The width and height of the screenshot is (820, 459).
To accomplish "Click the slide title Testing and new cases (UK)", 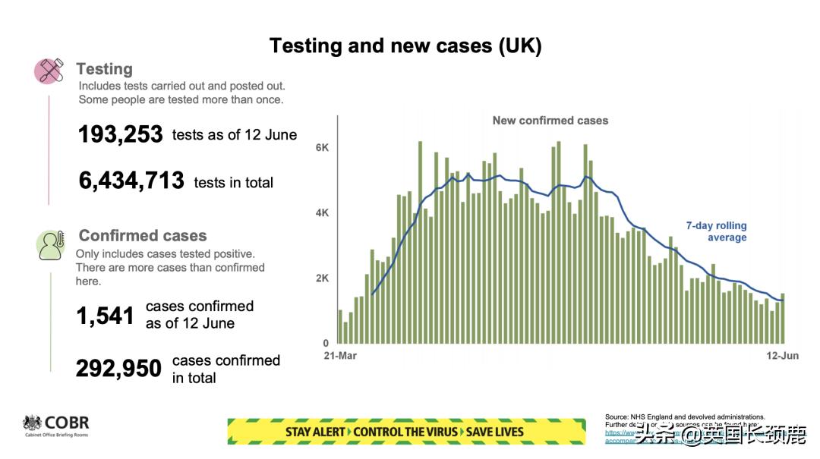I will click(x=405, y=46).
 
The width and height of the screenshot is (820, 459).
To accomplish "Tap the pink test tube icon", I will click(x=49, y=71).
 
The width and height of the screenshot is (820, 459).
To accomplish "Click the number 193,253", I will click(x=121, y=135).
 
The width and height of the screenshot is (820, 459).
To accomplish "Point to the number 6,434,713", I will click(x=131, y=181).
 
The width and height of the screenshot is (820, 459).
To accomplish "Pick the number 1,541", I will click(x=105, y=316).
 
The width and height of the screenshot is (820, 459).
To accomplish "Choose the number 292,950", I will click(x=118, y=369).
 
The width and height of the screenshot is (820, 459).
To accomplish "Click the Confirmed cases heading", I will click(x=143, y=236).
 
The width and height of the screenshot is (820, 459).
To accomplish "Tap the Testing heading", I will click(x=104, y=69).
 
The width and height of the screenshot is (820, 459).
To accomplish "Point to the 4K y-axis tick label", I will click(x=322, y=213).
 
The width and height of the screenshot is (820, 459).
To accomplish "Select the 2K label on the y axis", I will click(x=322, y=278).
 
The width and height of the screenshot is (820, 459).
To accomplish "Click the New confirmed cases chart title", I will click(x=550, y=121).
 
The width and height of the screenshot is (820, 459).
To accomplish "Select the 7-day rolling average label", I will click(x=716, y=231).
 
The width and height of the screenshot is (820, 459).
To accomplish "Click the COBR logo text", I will click(x=67, y=423).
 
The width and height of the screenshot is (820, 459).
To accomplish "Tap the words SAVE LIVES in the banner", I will click(x=494, y=432).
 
